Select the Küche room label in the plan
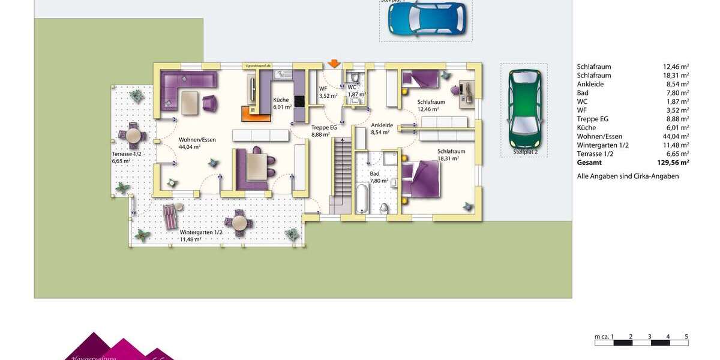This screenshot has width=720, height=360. pos(281,100)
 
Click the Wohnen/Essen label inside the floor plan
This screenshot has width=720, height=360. pos(197,140)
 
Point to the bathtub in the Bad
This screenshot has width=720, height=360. pos(362,199)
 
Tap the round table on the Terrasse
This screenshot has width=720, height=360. pos(133,136)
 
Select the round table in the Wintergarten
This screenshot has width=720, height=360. pos(239,223)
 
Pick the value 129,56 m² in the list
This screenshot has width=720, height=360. pos(673,163)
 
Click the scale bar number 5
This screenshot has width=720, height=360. pos(686,337)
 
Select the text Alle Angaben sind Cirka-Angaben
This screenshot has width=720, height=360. pos(628,176)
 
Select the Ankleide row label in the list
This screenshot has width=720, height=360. pos(590,84)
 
